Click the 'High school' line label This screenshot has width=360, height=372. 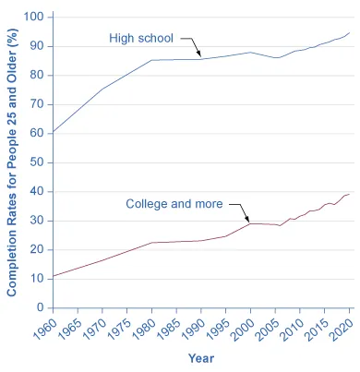click(x=142, y=39)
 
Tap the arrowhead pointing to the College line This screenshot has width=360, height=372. click(x=246, y=220)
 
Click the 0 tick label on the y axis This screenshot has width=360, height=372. click(x=39, y=307)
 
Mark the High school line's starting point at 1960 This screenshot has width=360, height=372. click(x=53, y=132)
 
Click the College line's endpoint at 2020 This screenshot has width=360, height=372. click(x=351, y=194)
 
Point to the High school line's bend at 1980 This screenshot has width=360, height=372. click(x=151, y=60)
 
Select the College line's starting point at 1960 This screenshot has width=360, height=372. click(x=53, y=276)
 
